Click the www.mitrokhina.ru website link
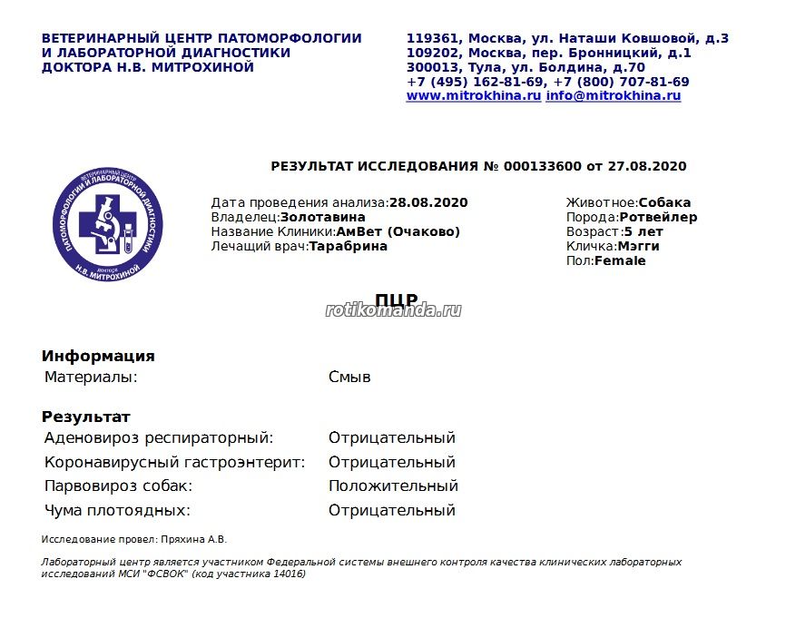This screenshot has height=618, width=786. pyautogui.click(x=474, y=95)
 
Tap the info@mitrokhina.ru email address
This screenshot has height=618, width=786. pyautogui.click(x=614, y=95)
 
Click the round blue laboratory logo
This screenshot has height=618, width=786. pyautogui.click(x=108, y=222)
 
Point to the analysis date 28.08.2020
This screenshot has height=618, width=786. pyautogui.click(x=428, y=202)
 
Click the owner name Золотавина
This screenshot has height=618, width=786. pyautogui.click(x=323, y=217)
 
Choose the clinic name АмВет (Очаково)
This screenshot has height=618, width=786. pyautogui.click(x=398, y=231)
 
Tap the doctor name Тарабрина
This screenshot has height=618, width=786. pyautogui.click(x=349, y=246)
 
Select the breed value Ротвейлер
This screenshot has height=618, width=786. pyautogui.click(x=659, y=217)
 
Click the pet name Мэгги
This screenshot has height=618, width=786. pyautogui.click(x=639, y=246)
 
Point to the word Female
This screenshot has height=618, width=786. pyautogui.click(x=620, y=260)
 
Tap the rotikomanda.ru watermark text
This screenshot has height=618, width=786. pyautogui.click(x=393, y=310)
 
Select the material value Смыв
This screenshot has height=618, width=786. pyautogui.click(x=349, y=377)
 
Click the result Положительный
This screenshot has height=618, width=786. pyautogui.click(x=393, y=486)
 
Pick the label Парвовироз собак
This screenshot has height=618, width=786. pyautogui.click(x=118, y=486)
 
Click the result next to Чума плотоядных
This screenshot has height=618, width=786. pyautogui.click(x=391, y=510)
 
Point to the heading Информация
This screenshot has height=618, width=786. pyautogui.click(x=98, y=356)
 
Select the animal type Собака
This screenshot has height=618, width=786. pyautogui.click(x=664, y=202)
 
